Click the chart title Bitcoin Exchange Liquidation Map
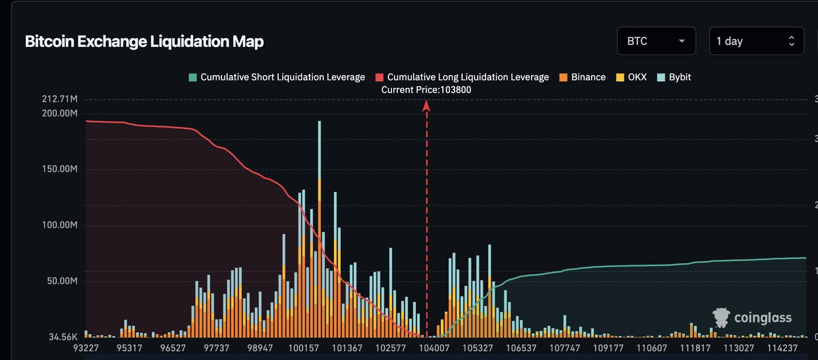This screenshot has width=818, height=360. (144, 42)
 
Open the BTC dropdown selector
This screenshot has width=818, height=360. (656, 41)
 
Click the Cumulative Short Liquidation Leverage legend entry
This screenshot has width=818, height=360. (277, 77)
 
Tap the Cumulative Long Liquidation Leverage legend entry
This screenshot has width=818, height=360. (461, 77)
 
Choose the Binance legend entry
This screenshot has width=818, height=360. (582, 77)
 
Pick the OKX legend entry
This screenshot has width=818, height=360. (632, 77)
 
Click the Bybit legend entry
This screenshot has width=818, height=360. (673, 77)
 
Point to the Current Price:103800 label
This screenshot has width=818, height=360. (426, 89)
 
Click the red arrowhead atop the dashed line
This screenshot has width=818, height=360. (427, 106)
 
